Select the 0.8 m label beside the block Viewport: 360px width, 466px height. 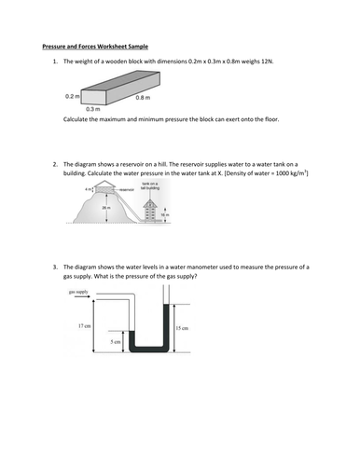(x=142, y=97)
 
